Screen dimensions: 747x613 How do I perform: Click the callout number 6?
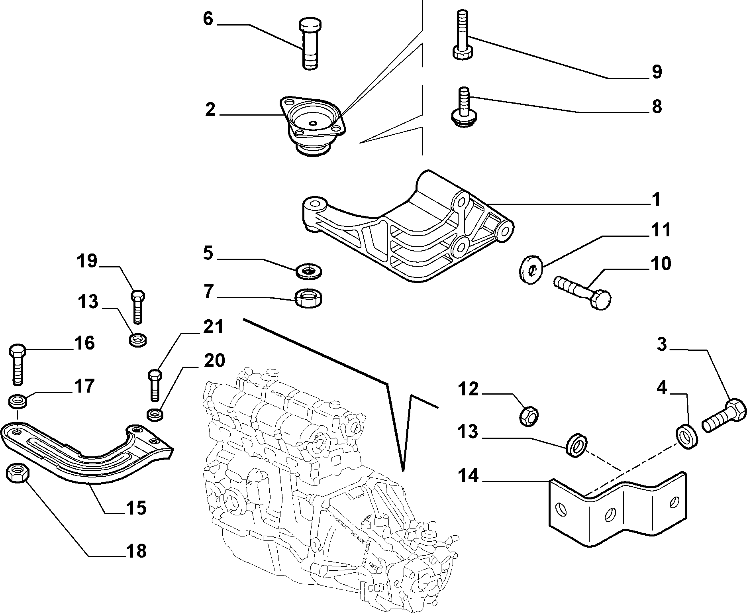208,19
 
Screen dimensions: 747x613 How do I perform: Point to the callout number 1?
655,199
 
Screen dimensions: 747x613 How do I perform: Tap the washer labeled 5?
309,271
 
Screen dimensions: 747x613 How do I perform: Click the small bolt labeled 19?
137,306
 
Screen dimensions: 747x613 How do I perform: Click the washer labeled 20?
155,414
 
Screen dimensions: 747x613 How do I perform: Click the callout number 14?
468,475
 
